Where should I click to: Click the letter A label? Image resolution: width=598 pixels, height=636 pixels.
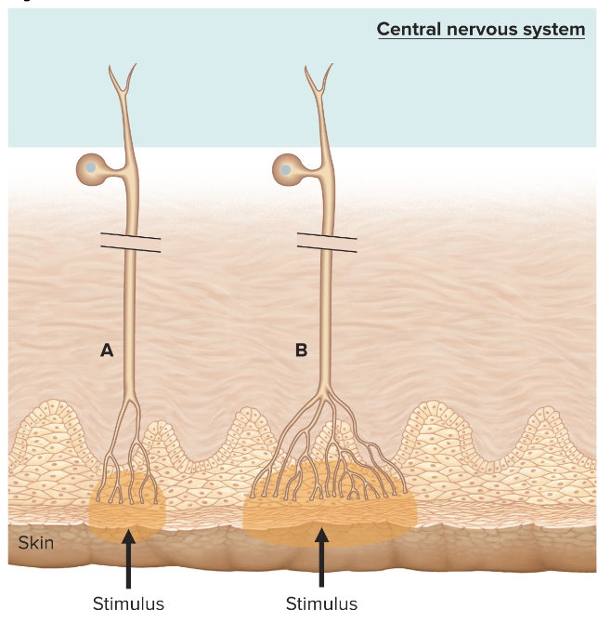[x=107, y=351]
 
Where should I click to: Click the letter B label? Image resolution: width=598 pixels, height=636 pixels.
[x=301, y=351]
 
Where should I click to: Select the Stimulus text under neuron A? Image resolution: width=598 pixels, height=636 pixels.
[x=128, y=604]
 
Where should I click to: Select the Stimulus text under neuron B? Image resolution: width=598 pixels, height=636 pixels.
[x=321, y=604]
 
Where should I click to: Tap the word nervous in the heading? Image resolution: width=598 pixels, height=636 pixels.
[x=484, y=29]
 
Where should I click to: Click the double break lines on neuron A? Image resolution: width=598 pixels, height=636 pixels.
[x=131, y=243]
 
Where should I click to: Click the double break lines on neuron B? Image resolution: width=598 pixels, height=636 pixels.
[x=326, y=243]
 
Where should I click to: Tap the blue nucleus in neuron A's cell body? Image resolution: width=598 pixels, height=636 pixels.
[x=91, y=169]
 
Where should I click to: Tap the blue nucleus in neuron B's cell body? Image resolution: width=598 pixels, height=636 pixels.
[x=286, y=169]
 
